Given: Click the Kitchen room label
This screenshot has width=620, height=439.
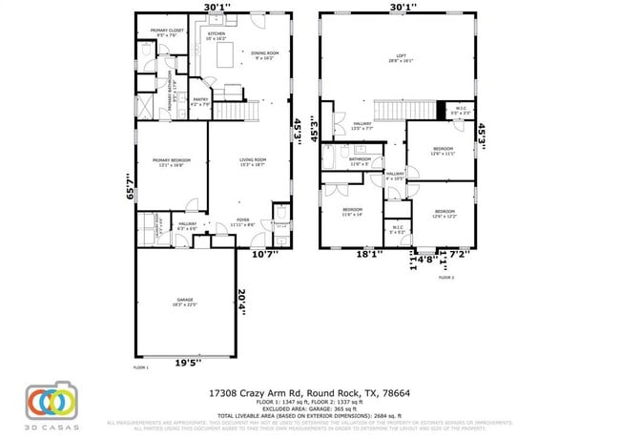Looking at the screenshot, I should pos(217,36).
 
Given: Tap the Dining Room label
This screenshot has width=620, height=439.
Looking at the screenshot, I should pos(264,55).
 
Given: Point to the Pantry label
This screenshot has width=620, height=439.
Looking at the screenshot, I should pos(200,101).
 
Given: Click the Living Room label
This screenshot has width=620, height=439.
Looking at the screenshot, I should pos(252,162).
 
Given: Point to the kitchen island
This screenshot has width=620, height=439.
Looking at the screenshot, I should pos(227,59).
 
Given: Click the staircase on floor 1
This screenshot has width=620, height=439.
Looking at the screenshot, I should pos(237,112).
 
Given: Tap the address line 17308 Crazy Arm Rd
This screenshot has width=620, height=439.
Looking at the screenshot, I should pos(309,392).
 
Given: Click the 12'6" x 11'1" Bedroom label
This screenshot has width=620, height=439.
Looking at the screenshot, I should pos(444,151).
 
